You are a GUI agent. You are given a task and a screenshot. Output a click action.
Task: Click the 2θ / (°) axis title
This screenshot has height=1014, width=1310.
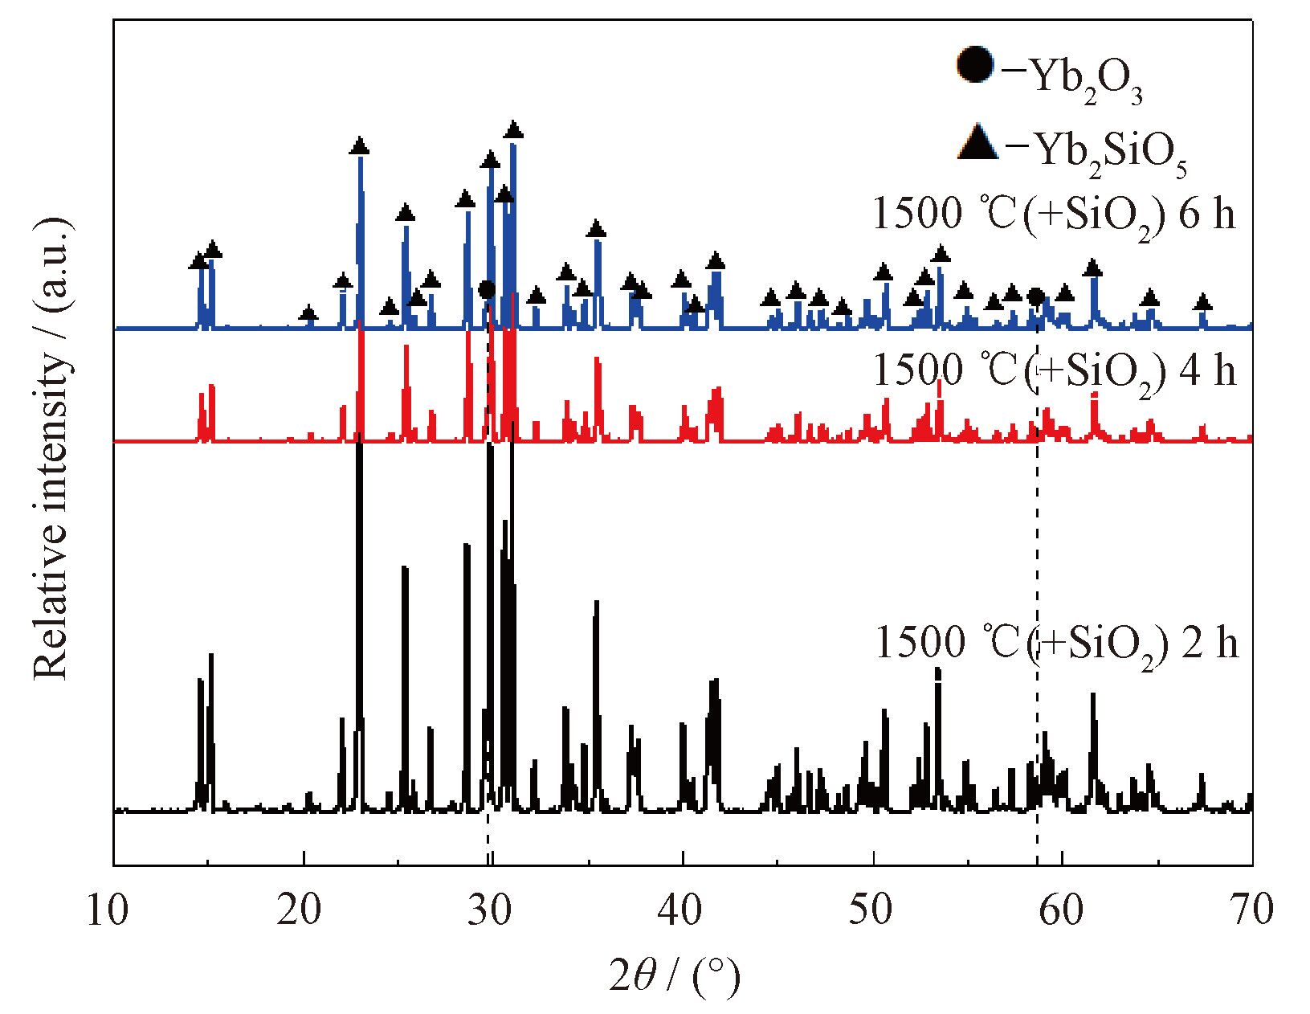675,975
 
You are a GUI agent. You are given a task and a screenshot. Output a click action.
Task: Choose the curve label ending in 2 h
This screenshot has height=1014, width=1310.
1056,644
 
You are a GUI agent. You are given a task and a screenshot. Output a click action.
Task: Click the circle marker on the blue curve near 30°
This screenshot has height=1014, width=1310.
486,289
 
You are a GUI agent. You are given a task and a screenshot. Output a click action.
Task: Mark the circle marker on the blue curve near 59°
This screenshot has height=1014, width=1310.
1036,297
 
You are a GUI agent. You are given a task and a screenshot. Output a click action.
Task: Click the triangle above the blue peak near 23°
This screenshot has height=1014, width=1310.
360,146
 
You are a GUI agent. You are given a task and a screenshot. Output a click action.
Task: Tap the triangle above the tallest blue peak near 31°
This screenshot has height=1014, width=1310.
514,129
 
